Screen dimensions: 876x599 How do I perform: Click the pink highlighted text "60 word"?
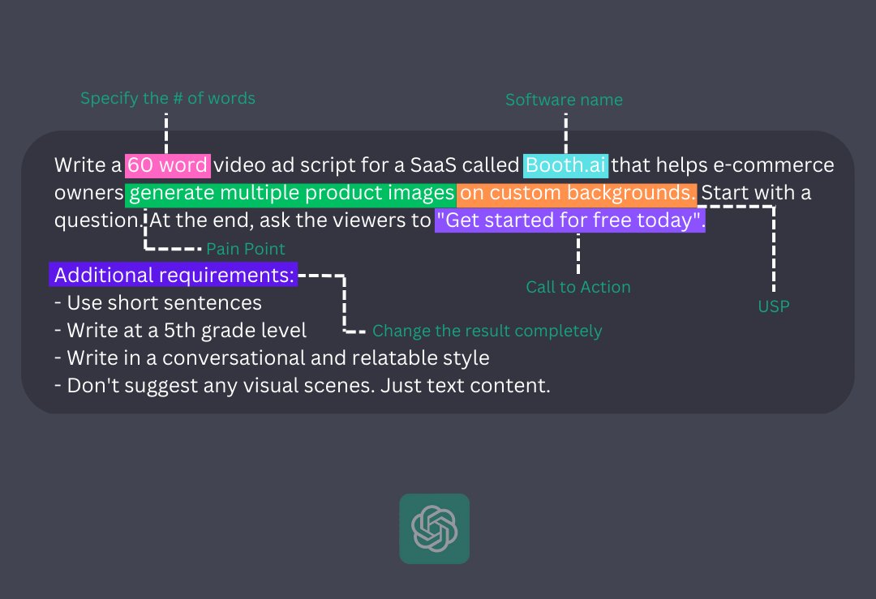pos(168,165)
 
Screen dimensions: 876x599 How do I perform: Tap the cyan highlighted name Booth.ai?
pos(565,165)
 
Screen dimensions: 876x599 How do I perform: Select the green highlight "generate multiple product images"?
pos(291,193)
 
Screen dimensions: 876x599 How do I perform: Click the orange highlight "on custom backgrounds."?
pos(576,193)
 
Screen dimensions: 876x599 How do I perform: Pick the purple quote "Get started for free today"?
pos(570,220)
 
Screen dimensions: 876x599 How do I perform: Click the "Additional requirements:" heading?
pos(174,276)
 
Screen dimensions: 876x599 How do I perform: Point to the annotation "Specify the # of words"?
pos(168,99)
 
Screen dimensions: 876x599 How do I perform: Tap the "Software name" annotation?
pos(564,101)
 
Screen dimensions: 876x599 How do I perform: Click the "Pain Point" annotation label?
pos(246,249)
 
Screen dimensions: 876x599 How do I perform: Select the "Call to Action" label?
pos(578,287)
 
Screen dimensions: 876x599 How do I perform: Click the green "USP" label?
pos(773,306)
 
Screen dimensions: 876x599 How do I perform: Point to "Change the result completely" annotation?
pos(487,331)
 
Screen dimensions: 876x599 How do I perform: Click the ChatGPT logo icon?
pos(434,528)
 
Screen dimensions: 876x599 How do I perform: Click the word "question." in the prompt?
pos(99,220)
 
